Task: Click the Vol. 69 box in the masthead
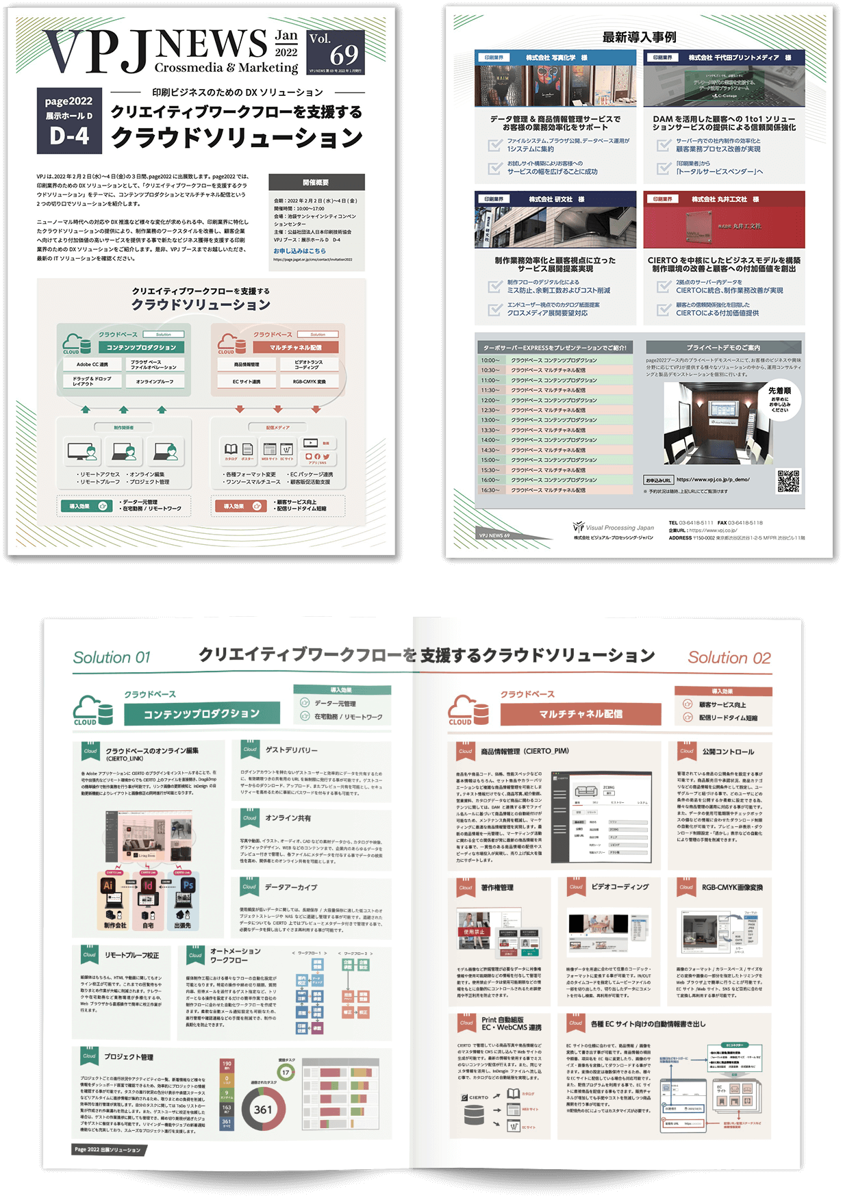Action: pyautogui.click(x=335, y=51)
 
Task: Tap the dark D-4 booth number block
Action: pyautogui.click(x=69, y=136)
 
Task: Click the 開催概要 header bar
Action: pyautogui.click(x=316, y=182)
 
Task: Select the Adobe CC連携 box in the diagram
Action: pyautogui.click(x=92, y=364)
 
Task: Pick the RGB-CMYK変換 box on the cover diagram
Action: pyautogui.click(x=310, y=381)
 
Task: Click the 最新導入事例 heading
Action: pyautogui.click(x=639, y=37)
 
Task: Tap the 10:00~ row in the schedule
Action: pyautogui.click(x=555, y=360)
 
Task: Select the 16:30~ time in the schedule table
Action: pyautogui.click(x=490, y=490)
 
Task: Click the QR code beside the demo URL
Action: pyautogui.click(x=788, y=481)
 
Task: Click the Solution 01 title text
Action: pyautogui.click(x=112, y=658)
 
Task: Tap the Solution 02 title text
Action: pyautogui.click(x=729, y=659)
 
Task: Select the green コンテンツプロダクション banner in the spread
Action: pyautogui.click(x=201, y=713)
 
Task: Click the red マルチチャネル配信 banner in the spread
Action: pyautogui.click(x=580, y=714)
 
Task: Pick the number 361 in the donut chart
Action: pyautogui.click(x=263, y=1110)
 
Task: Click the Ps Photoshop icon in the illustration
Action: pyautogui.click(x=188, y=885)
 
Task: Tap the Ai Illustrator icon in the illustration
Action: pyautogui.click(x=108, y=885)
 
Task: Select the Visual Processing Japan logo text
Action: pyautogui.click(x=620, y=528)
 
